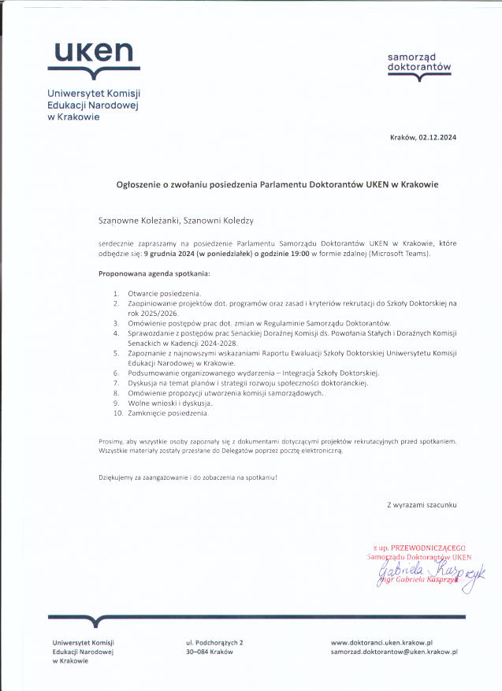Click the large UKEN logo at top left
point(93,56)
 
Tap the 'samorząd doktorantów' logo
point(419,63)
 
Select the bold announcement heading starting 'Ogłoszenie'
point(277,184)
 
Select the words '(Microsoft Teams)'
point(397,254)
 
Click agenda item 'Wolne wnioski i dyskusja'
point(169,403)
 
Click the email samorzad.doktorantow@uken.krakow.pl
point(394,652)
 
